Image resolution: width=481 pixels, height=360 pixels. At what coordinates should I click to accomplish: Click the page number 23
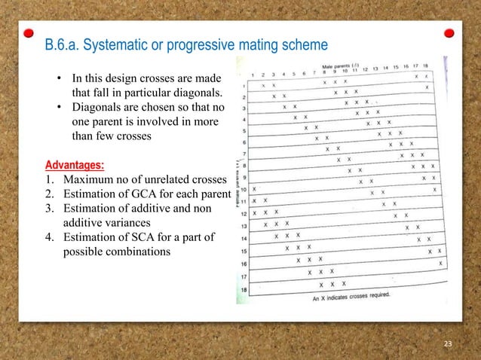(449, 344)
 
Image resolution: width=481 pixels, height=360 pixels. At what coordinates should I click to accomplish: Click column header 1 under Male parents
(253, 75)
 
